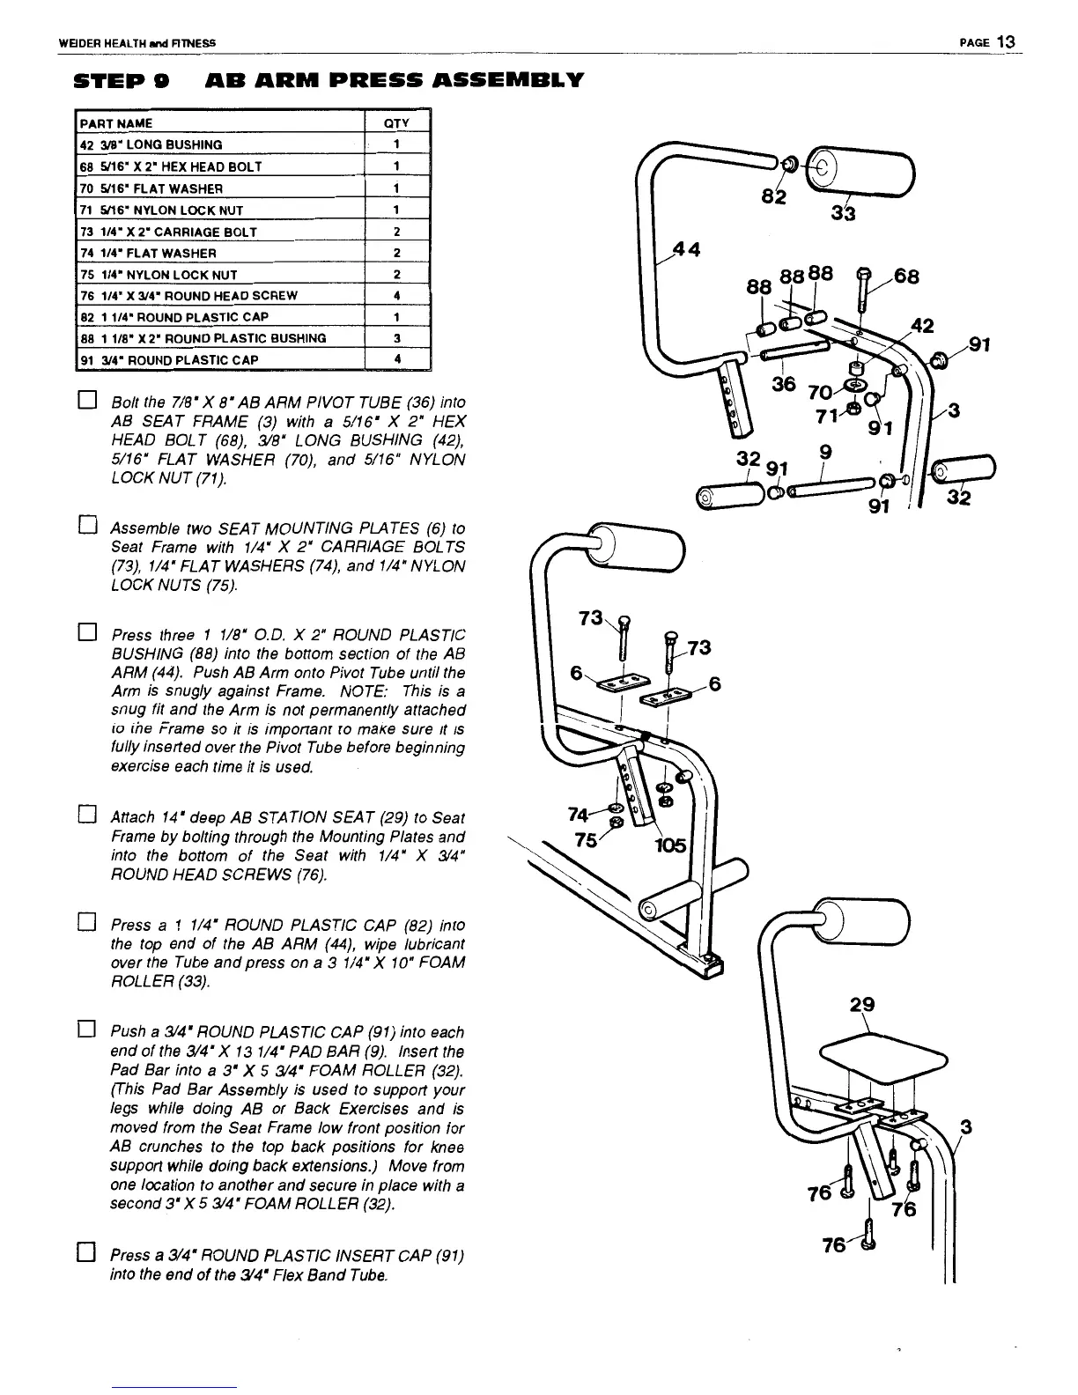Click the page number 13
tap(1008, 42)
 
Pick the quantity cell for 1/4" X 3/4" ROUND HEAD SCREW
tap(397, 296)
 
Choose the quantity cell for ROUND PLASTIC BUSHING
tap(397, 338)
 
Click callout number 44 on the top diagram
tap(686, 249)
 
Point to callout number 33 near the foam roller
tap(843, 214)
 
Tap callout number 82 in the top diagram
tap(775, 197)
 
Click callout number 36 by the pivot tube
tap(783, 385)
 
